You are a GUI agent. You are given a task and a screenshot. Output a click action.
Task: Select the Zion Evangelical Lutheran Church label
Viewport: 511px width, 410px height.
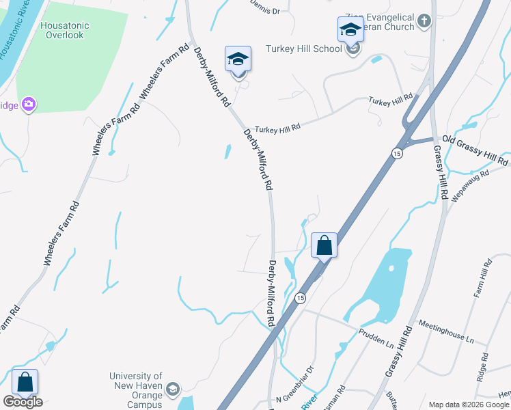pos(382,22)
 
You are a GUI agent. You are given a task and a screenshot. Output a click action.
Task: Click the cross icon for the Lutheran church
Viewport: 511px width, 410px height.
pos(424,21)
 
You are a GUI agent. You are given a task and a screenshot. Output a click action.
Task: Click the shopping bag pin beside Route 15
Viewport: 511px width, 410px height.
pos(324,245)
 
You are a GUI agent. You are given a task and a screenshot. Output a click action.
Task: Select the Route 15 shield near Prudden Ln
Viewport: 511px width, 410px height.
pos(299,299)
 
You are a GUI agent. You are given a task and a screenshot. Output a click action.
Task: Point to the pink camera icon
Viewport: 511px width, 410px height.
pos(29,105)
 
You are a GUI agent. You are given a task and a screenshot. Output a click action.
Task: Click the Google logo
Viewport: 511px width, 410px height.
pos(23,402)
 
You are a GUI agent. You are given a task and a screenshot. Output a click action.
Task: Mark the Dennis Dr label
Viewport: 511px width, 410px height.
pos(266,10)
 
